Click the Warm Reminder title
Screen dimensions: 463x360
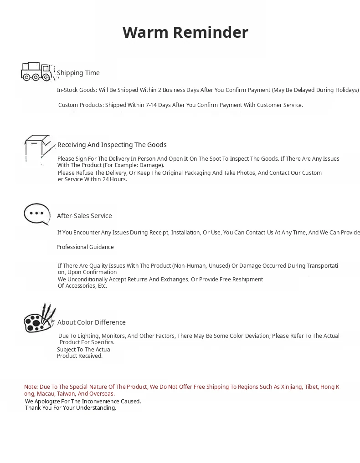click(x=185, y=32)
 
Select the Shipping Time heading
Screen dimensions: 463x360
click(x=78, y=73)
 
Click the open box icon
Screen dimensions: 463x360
click(x=38, y=148)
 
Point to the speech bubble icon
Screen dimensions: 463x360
click(x=37, y=214)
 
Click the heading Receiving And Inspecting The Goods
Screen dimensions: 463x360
click(x=112, y=145)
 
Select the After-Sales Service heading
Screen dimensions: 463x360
click(x=84, y=216)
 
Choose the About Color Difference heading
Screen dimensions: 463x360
click(x=91, y=322)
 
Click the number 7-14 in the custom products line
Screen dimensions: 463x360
click(x=151, y=105)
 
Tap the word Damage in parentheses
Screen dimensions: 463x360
click(x=150, y=165)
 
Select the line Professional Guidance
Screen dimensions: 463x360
click(x=85, y=247)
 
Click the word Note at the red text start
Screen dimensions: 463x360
click(x=31, y=387)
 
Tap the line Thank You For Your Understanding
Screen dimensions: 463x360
click(x=71, y=408)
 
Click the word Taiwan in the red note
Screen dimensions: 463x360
click(x=66, y=394)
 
